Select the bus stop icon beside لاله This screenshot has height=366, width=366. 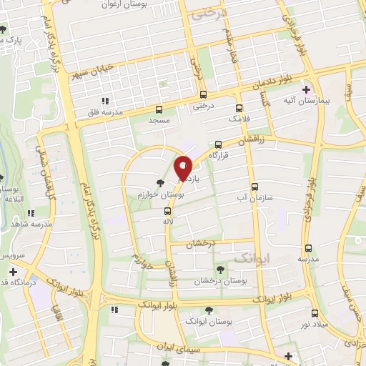coord(167,211)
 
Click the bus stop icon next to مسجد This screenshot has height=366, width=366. coord(159,109)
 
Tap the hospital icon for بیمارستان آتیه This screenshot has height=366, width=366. coord(306,89)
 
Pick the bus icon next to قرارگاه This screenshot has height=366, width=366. coord(218,144)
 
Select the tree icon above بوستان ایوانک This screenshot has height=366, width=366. coord(208,310)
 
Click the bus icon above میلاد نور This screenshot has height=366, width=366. coord(315,313)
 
